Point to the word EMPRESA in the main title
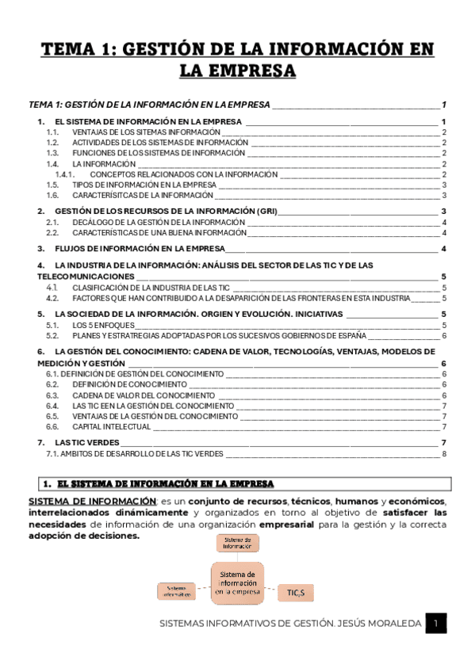pos(237,71)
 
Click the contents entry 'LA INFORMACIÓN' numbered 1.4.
pos(104,163)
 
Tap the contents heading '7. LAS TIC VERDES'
pos(79,442)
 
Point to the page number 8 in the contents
pos(445,454)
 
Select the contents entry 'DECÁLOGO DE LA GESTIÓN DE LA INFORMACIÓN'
pos(159,223)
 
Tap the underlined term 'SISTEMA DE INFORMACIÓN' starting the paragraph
pos(92,502)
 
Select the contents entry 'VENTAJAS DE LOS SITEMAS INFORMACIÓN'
pos(146,132)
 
